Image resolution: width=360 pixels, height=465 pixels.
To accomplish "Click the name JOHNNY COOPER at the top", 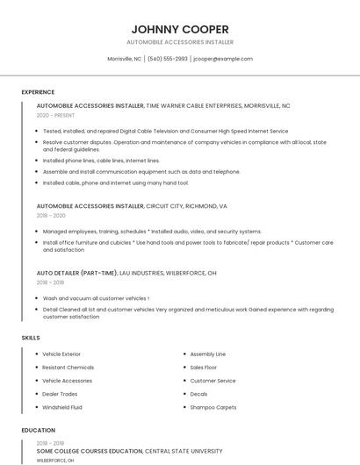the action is (180, 28).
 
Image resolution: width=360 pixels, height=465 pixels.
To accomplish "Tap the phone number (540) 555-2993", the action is (168, 59).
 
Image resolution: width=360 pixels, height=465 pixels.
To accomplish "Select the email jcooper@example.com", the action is (223, 59).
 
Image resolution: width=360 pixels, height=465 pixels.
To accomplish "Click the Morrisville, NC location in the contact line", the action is (124, 59).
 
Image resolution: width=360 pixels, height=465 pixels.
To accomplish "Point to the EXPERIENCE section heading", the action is (38, 92).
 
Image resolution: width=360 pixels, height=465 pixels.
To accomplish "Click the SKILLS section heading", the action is (31, 338).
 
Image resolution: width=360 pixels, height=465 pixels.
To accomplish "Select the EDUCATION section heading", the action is (38, 431).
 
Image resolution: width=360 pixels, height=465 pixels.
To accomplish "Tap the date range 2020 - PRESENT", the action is (54, 115).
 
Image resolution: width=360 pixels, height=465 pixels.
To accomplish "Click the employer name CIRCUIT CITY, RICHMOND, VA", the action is (186, 206).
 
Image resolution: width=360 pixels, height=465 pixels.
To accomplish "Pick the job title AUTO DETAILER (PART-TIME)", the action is (71, 273).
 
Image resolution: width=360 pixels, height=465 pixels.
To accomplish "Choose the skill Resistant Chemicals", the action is (68, 368).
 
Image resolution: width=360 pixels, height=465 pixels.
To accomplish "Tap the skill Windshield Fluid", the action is (62, 407).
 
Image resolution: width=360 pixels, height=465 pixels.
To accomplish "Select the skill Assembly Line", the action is (208, 354).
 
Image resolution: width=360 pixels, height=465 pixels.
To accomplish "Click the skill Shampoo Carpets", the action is (213, 407).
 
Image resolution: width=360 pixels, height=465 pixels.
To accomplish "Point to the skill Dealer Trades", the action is (60, 394).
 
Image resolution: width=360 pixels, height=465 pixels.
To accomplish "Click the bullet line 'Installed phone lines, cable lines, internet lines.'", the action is (101, 161).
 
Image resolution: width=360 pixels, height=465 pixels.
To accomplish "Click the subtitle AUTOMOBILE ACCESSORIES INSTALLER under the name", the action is (180, 42).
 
